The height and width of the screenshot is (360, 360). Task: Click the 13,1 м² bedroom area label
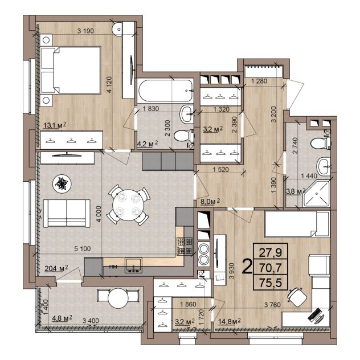tap(55, 125)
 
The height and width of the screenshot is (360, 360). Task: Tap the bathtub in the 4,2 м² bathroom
tap(165, 91)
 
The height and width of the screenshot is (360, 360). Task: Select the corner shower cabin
tap(317, 194)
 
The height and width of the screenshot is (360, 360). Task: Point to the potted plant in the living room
tap(62, 183)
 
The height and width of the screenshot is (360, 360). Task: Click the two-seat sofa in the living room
tap(67, 213)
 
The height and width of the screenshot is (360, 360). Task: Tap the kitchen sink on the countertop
tap(133, 265)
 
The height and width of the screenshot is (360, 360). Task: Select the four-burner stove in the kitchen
tap(185, 247)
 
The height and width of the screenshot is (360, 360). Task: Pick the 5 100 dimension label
tap(83, 248)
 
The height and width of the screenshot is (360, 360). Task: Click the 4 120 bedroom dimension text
tap(109, 85)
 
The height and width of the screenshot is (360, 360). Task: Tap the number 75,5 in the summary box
tap(271, 283)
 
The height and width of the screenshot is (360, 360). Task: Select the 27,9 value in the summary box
tap(271, 252)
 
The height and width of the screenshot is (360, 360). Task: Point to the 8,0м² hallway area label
tap(210, 201)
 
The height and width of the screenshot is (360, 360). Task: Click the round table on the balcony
tap(118, 298)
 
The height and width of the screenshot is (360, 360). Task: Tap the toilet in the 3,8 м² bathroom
tap(321, 143)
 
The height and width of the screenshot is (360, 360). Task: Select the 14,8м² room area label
tap(229, 321)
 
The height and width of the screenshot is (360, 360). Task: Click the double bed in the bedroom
tap(71, 70)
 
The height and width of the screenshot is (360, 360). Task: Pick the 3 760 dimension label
tap(272, 304)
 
